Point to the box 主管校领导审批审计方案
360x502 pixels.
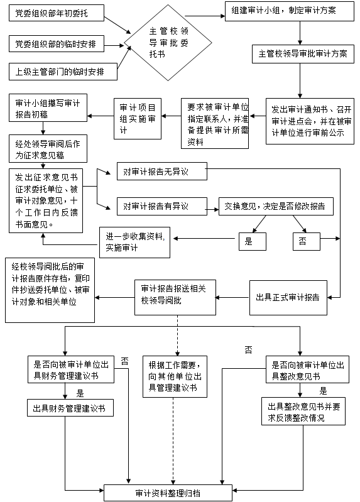coord(303,55)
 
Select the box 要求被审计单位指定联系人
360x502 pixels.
coord(215,124)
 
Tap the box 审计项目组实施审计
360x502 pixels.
coord(138,117)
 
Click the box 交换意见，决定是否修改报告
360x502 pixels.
coord(275,205)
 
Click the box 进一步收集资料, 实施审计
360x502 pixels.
coord(135,241)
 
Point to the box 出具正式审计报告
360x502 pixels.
coord(288,297)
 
